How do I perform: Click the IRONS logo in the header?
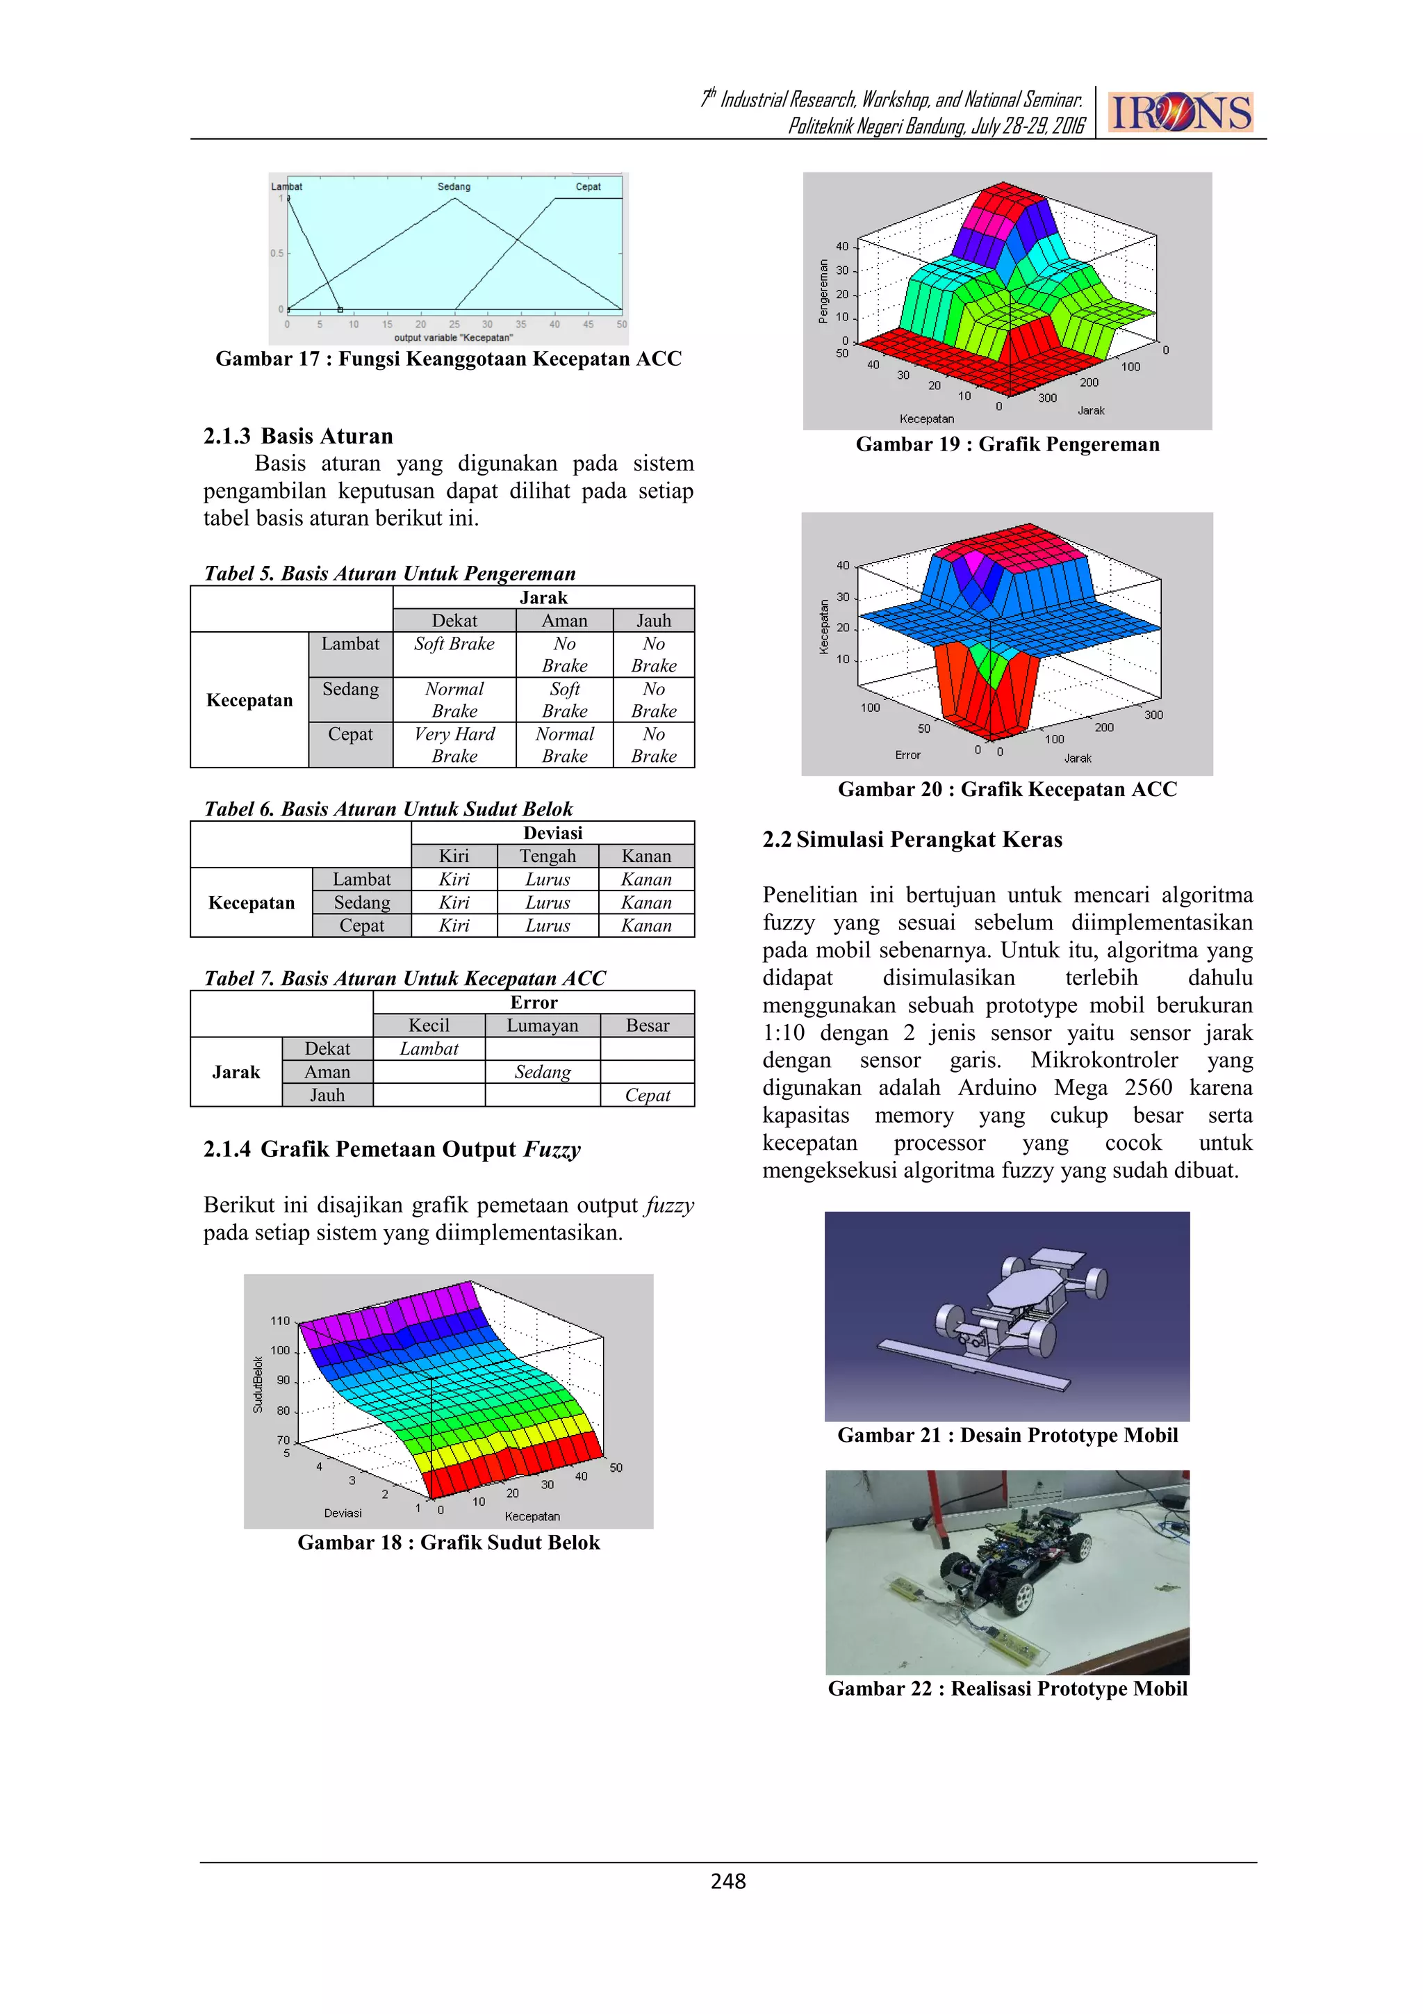point(1180,113)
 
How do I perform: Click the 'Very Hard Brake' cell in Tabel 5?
point(454,745)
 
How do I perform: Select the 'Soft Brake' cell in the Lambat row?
point(454,644)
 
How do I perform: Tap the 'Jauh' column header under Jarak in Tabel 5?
point(653,620)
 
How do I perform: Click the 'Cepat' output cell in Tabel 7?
point(647,1095)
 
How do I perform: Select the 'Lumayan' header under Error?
point(542,1025)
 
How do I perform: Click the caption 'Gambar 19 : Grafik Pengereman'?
point(1007,444)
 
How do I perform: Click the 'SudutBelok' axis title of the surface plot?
point(258,1384)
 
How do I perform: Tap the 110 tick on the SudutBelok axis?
point(280,1320)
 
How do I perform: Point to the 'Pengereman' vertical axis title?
point(823,291)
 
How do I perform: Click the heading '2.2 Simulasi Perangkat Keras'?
point(912,840)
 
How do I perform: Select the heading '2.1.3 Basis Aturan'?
point(298,436)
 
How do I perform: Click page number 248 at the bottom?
point(727,1881)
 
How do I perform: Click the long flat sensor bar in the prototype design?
point(973,1365)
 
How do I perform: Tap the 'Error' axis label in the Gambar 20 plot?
point(907,754)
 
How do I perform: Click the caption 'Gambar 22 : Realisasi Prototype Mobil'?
point(1007,1689)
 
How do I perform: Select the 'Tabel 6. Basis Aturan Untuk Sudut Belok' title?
point(388,809)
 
